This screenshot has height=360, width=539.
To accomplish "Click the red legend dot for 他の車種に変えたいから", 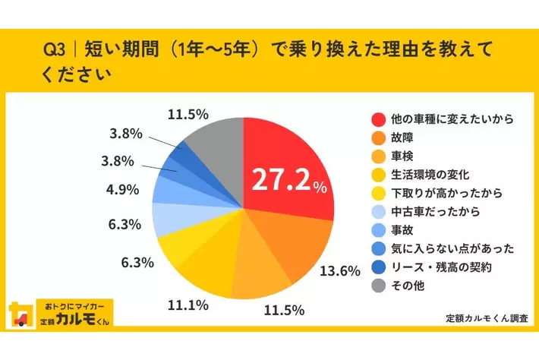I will (x=377, y=119).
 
